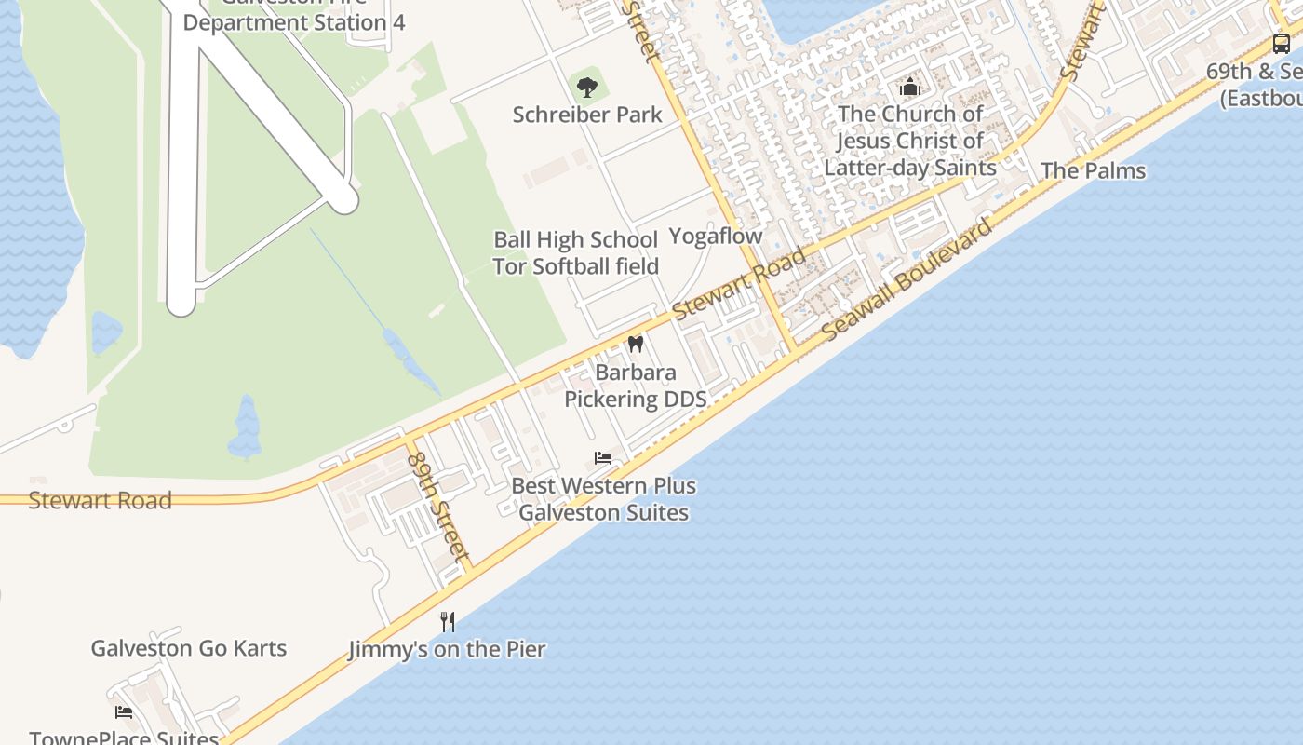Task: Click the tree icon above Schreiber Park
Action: pyautogui.click(x=586, y=88)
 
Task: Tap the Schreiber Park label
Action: pyautogui.click(x=587, y=115)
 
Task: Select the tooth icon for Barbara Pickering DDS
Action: pyautogui.click(x=636, y=344)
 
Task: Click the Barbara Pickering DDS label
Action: pyautogui.click(x=636, y=386)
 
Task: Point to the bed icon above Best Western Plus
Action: pyautogui.click(x=603, y=458)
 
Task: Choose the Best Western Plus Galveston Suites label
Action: pyautogui.click(x=603, y=499)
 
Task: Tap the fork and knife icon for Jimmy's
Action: pyautogui.click(x=448, y=622)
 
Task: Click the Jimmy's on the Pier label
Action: pyautogui.click(x=447, y=649)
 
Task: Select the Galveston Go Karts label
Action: pyautogui.click(x=188, y=648)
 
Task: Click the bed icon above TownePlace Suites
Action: pyautogui.click(x=124, y=712)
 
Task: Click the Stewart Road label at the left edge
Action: pyautogui.click(x=100, y=500)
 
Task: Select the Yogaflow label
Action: pyautogui.click(x=716, y=237)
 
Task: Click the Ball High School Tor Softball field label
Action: pyautogui.click(x=575, y=253)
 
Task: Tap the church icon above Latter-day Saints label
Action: pyautogui.click(x=910, y=88)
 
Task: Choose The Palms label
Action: pyautogui.click(x=1093, y=170)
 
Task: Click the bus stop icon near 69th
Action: pyautogui.click(x=1282, y=43)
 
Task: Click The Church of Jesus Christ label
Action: pyautogui.click(x=910, y=141)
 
